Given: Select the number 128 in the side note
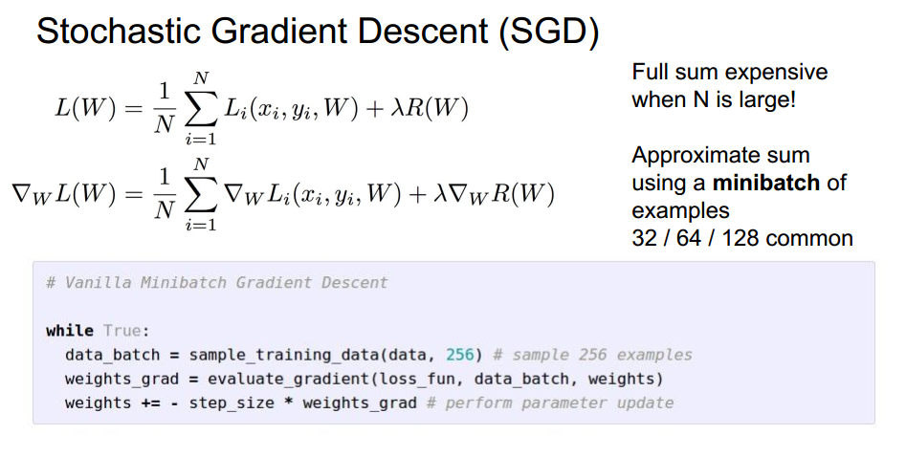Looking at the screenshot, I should [755, 237].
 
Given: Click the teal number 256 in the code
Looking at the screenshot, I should [460, 355].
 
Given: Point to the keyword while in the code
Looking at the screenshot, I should [69, 331].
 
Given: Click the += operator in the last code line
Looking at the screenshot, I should [150, 403].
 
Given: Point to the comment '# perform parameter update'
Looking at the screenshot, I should [549, 403].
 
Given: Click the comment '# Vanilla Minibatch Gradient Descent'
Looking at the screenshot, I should [216, 282].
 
